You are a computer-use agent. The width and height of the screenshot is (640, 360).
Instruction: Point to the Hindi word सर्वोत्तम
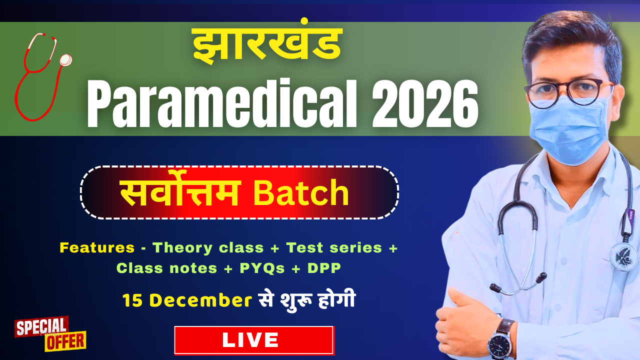coord(180,193)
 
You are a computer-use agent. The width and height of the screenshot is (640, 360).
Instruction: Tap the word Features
coord(97,247)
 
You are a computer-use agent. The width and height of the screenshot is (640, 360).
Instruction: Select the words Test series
coord(334,247)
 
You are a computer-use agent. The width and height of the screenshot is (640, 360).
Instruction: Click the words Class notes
coord(167,268)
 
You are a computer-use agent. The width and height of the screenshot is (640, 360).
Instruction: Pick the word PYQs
coord(262,268)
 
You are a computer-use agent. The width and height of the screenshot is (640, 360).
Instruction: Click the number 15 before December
coord(132,300)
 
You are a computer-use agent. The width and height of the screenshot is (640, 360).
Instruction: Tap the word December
coord(200,300)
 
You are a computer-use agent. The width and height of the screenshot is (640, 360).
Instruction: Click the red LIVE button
coord(254,340)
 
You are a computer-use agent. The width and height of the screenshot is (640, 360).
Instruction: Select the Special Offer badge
coord(50,333)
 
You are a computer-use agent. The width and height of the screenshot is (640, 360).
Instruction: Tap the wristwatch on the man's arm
coord(500,339)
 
